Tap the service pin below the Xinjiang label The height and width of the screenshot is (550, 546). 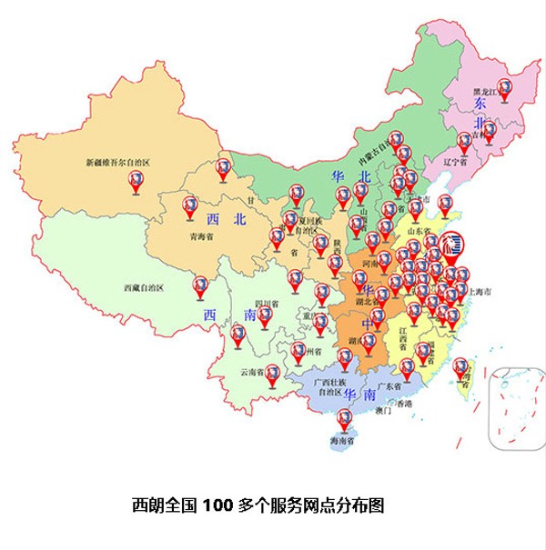click(x=136, y=182)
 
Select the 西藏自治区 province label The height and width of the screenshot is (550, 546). click(x=143, y=288)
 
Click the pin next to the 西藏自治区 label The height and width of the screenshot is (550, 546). click(x=200, y=286)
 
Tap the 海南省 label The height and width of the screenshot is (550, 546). click(x=344, y=441)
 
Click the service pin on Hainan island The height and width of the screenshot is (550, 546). click(x=344, y=419)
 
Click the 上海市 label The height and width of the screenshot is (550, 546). click(x=480, y=292)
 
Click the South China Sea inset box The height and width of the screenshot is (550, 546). click(x=516, y=409)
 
